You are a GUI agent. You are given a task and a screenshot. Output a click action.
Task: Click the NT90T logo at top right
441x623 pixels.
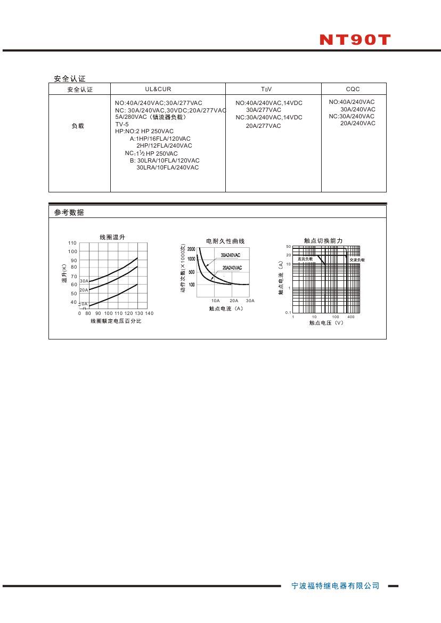[x=355, y=40]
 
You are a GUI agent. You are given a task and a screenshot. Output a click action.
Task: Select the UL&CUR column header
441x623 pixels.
[x=158, y=90]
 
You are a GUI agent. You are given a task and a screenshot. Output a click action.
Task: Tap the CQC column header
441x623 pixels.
[x=353, y=90]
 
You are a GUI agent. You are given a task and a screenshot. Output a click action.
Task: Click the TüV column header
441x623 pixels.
[x=266, y=90]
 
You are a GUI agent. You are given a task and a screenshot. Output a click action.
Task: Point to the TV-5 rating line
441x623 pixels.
[x=122, y=124]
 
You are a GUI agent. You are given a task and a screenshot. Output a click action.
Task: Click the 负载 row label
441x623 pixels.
[x=78, y=126]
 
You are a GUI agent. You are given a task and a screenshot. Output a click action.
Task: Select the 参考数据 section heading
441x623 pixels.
[x=69, y=213]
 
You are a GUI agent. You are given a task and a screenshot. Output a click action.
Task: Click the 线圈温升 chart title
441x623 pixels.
[x=112, y=237]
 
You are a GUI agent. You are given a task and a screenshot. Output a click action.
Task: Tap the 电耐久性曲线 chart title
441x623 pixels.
[x=225, y=241]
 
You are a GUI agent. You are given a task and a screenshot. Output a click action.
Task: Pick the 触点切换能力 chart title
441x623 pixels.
[x=323, y=241]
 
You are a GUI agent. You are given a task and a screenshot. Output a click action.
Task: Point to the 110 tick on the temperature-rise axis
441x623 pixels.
[x=72, y=243]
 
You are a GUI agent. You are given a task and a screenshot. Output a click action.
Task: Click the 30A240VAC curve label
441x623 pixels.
[x=231, y=255]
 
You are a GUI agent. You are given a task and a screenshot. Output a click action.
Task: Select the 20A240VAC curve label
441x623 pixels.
[x=232, y=268]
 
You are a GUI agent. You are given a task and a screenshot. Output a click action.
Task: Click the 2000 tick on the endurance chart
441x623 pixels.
[x=190, y=249]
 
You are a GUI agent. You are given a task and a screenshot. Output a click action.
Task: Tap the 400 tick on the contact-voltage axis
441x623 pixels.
[x=351, y=317]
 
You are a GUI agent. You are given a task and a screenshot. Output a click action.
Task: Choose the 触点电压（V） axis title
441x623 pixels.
[x=326, y=323]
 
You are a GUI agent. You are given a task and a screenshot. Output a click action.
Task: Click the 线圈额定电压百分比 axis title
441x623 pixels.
[x=116, y=321]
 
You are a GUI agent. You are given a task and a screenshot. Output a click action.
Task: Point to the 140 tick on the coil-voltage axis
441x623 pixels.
[x=149, y=313]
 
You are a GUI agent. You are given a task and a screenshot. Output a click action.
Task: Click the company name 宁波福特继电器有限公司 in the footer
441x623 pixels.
[x=336, y=586]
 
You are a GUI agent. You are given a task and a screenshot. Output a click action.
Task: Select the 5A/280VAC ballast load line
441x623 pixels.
[x=151, y=117]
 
